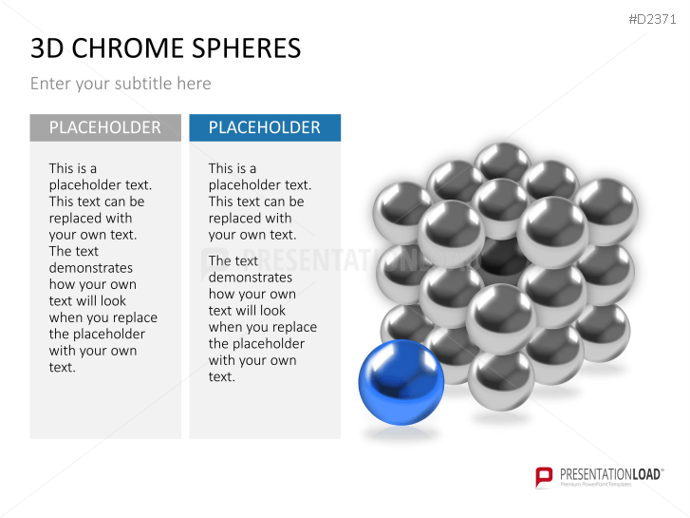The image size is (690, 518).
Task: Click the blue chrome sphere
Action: coord(401,382)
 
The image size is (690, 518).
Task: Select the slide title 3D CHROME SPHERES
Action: coord(166,48)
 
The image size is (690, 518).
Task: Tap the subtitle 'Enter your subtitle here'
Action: coord(121,84)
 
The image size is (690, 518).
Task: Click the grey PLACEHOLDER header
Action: coord(105,127)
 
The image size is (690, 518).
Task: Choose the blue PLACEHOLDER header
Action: coord(265,127)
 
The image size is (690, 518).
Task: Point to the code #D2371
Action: coord(652,19)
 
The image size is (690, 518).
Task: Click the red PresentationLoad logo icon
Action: coord(544,477)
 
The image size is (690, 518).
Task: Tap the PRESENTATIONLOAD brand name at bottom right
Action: coord(611,474)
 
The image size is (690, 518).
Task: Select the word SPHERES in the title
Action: coord(247,48)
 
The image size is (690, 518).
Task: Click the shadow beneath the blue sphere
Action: coord(400,433)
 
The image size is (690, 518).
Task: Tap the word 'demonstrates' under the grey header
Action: coord(91,268)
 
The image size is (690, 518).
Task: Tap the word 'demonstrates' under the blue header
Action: coord(251,278)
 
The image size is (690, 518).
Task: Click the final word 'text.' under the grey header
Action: coord(62,367)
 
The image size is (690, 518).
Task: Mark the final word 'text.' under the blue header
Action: coord(222,377)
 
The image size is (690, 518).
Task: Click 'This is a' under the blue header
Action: coord(233,168)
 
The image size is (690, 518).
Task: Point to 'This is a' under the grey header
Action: coord(73,168)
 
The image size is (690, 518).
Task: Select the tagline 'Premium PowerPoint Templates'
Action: coord(596,485)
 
